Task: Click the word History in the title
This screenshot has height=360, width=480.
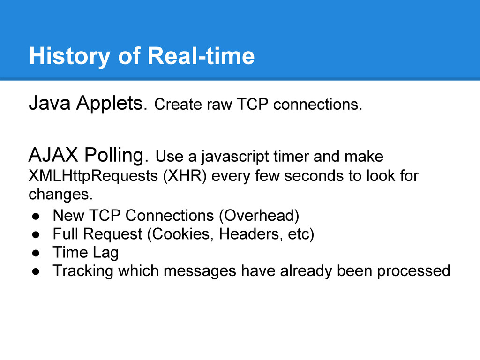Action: tap(70, 56)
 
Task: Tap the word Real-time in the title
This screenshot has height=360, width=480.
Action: tap(201, 56)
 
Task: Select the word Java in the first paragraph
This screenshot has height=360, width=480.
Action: tap(50, 103)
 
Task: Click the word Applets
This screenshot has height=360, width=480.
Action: tap(112, 104)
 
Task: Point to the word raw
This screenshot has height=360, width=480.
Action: tap(219, 105)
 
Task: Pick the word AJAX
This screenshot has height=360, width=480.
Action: tap(53, 155)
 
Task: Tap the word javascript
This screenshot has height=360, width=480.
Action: tap(235, 157)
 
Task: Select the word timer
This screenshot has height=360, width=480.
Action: tap(291, 157)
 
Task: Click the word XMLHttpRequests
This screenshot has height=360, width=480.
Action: tap(93, 176)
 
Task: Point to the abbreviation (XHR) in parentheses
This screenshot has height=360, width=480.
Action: tap(185, 176)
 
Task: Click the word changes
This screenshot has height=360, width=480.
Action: tap(60, 195)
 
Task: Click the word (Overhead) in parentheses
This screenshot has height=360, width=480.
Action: tap(259, 216)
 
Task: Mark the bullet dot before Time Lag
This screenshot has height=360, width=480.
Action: tap(36, 253)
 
